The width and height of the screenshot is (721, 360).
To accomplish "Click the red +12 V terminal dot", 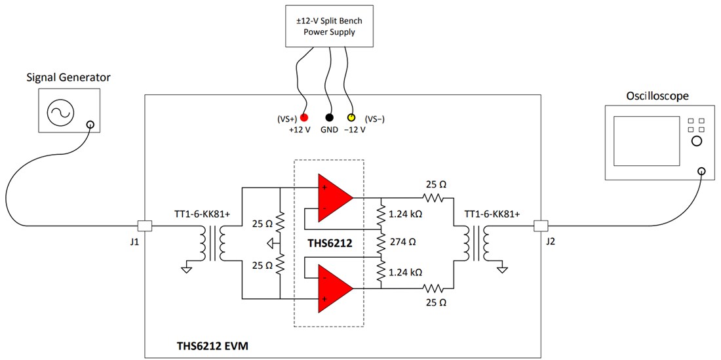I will click(304, 118).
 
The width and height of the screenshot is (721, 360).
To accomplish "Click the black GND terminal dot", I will click(329, 118).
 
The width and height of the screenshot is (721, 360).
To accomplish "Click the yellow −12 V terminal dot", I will click(351, 118).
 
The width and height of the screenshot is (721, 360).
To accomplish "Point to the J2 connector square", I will click(540, 226).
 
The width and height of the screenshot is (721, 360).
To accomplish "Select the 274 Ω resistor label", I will click(403, 242).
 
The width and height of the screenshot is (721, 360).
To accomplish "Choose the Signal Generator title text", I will click(68, 77).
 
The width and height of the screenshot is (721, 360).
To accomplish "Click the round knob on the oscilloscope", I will click(696, 142).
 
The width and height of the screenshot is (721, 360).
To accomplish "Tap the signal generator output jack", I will click(89, 125).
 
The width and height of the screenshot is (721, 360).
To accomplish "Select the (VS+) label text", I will click(286, 119).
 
